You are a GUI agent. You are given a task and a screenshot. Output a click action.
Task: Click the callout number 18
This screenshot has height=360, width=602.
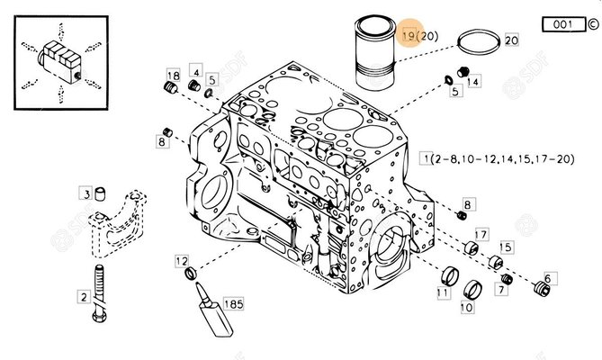[x=173, y=74]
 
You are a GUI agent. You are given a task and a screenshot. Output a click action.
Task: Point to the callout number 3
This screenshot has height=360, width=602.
[x=86, y=193]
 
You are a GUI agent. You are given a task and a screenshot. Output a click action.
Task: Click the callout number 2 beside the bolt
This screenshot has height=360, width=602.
[x=83, y=297]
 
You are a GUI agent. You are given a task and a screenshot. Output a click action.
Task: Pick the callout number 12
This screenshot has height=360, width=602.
[x=182, y=260]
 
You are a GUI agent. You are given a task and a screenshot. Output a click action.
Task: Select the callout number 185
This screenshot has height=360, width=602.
[x=233, y=304]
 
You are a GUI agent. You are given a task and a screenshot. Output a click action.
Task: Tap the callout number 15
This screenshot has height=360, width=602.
[x=505, y=247]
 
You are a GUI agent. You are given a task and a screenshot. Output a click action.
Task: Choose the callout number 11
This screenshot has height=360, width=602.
[x=443, y=293]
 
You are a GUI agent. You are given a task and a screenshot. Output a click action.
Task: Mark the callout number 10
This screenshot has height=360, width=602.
[x=466, y=308]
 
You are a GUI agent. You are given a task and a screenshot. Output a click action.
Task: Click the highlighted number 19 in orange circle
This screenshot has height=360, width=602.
[x=409, y=36]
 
